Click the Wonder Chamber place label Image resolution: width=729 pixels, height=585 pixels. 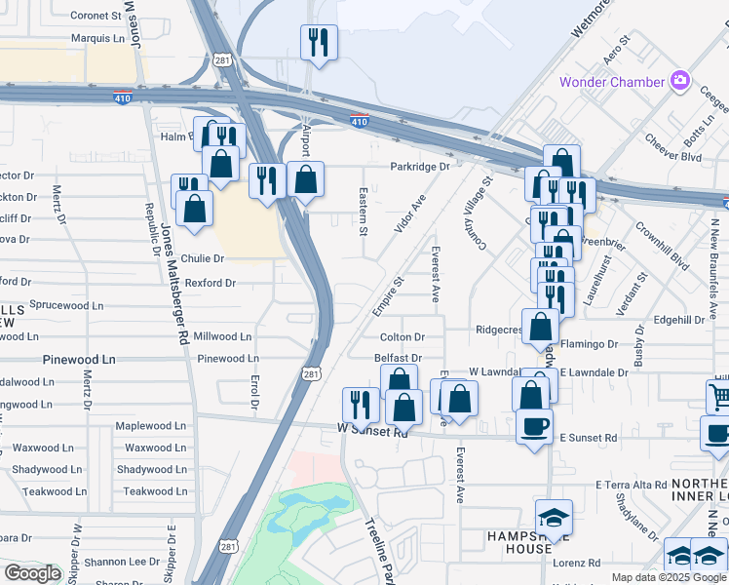pos(611,82)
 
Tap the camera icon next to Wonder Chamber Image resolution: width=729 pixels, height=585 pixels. pos(680,81)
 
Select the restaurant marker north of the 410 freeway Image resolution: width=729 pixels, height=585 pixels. pos(318,43)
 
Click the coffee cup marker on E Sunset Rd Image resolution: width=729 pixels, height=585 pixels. pos(533,427)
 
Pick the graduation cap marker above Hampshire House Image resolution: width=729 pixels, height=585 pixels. pos(554,518)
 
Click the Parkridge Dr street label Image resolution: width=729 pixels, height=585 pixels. pos(420,167)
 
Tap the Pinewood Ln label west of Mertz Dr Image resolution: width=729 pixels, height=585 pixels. pos(78,360)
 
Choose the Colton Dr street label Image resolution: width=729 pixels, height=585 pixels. pos(403,337)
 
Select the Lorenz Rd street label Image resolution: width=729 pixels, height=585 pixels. pos(580,563)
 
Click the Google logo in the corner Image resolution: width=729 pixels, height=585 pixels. pos(32,573)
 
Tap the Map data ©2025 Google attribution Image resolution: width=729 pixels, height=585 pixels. pos(668,577)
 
